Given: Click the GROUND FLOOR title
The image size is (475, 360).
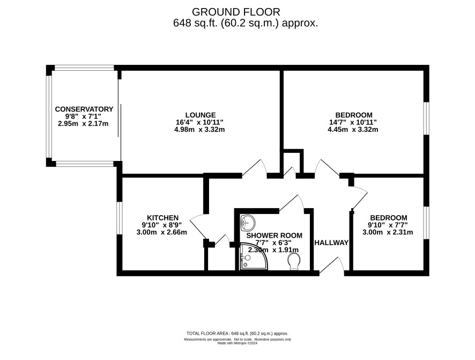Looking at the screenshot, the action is pos(236,12).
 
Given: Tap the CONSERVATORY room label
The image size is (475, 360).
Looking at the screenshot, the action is pos(84,109).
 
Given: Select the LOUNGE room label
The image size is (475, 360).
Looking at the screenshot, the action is pos(201,115).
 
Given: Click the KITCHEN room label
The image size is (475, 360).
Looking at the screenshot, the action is pos(162,218).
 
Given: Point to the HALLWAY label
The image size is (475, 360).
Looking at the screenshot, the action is pos(331,243).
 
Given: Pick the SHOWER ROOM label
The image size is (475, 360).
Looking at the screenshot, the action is pos(274,236).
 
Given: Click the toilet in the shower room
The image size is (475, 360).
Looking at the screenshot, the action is pos(294,261).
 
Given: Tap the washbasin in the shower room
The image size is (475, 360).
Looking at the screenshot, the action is pos(248,223).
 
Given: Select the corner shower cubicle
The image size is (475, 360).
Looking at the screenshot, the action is pos(253,256).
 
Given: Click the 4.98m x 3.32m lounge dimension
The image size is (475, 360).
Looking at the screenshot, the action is pos(199,130).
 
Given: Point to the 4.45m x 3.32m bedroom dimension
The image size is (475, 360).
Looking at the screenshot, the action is pos(353,130).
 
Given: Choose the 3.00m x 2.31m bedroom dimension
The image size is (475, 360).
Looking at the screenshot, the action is pos(388,232).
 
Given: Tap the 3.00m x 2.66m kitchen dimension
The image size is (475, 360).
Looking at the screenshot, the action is pos(162,232).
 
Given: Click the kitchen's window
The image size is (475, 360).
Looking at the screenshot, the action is pos(120,218).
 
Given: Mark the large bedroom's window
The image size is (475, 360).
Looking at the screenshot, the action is pos(426,118).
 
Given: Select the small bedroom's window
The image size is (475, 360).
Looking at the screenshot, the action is pos(426,223).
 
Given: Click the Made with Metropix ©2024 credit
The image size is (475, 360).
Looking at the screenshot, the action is pos(237,343).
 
